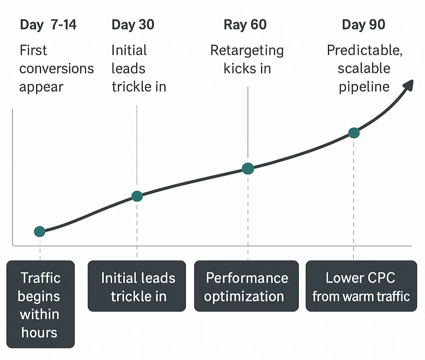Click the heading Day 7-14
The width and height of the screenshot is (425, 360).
[48, 24]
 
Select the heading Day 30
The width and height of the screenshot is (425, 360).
[133, 24]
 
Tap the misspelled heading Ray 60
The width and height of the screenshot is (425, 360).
[245, 24]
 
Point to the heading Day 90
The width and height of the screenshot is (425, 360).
[364, 24]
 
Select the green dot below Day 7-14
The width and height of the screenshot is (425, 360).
[39, 231]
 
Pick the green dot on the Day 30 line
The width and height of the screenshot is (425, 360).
[137, 196]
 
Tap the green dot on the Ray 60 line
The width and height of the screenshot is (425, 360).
[248, 168]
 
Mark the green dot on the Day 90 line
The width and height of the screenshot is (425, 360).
[354, 133]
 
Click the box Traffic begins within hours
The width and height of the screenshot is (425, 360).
[40, 304]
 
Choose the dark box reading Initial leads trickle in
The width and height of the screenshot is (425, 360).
[137, 286]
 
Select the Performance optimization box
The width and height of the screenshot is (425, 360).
[247, 286]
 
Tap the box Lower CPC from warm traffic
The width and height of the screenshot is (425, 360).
[361, 286]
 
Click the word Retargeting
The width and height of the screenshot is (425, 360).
[247, 51]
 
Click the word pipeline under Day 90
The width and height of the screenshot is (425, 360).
[364, 87]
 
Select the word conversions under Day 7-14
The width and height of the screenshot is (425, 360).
[56, 69]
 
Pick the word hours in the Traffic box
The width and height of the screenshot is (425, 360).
[39, 332]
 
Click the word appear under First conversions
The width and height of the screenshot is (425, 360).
[42, 87]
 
